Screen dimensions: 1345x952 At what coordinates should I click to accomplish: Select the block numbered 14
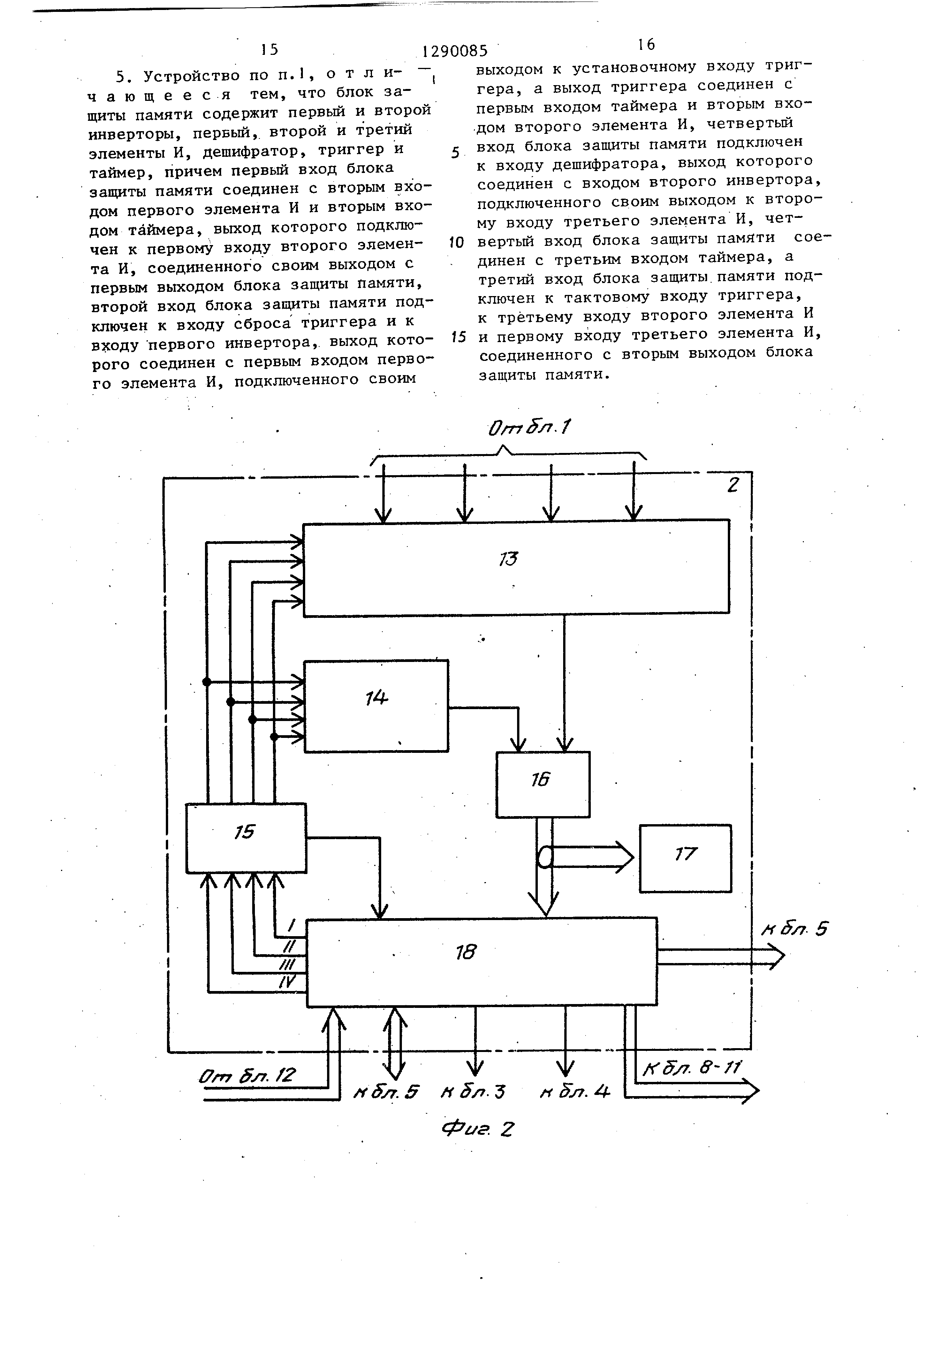tap(376, 706)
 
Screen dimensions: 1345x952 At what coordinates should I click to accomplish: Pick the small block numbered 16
tap(542, 784)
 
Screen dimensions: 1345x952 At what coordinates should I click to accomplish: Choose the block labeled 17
tap(685, 858)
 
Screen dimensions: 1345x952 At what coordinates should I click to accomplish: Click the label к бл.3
tap(473, 1092)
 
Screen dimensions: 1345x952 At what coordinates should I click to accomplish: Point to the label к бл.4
tap(575, 1092)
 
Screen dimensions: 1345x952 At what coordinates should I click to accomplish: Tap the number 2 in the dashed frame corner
tap(732, 485)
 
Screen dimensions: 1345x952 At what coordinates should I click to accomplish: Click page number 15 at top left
tap(269, 49)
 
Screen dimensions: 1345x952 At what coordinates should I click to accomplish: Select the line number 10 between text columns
tap(456, 242)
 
